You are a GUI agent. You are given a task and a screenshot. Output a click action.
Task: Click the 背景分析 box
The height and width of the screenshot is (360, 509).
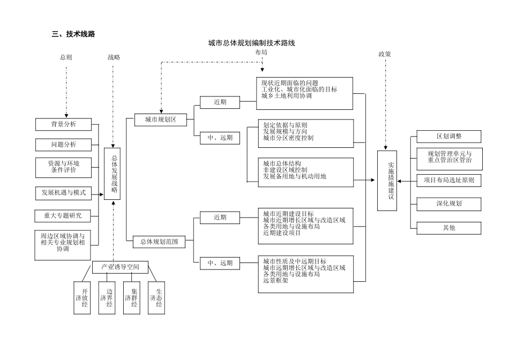(63, 124)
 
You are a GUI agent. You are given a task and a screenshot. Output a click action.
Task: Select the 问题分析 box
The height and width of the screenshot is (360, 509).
(63, 145)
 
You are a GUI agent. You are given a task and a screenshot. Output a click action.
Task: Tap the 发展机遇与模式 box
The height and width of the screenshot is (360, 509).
(63, 193)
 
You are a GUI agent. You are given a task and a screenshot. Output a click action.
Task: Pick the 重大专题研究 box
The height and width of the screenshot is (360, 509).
(63, 216)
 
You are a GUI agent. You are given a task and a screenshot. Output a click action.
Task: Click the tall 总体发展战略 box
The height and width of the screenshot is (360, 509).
(113, 174)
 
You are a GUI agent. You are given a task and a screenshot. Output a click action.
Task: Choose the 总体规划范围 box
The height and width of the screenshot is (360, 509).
(159, 242)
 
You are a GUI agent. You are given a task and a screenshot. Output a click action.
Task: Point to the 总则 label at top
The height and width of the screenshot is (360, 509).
(66, 57)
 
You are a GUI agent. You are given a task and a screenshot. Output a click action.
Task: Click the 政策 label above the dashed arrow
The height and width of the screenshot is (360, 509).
(385, 54)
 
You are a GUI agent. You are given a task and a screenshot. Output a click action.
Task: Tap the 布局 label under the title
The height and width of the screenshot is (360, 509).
(261, 52)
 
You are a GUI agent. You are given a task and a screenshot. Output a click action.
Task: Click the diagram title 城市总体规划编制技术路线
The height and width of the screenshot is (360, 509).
(252, 43)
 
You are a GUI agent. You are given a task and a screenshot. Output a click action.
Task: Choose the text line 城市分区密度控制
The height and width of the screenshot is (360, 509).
(288, 138)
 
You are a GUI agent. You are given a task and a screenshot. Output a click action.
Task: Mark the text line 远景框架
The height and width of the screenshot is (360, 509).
(275, 281)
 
